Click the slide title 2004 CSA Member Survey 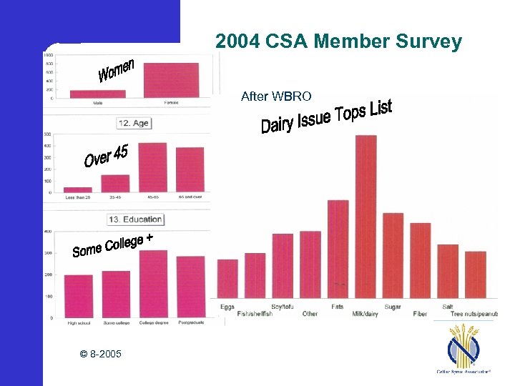point(338,42)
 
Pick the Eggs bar point(227,279)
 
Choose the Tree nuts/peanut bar point(476,274)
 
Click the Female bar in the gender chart point(171,80)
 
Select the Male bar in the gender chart point(97,94)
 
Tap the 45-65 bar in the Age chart point(152,167)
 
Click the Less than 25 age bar point(78,189)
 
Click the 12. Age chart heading point(134,123)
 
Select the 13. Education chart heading point(135,219)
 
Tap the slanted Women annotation point(117,69)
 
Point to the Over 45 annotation point(106,156)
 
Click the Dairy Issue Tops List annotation point(326,117)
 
